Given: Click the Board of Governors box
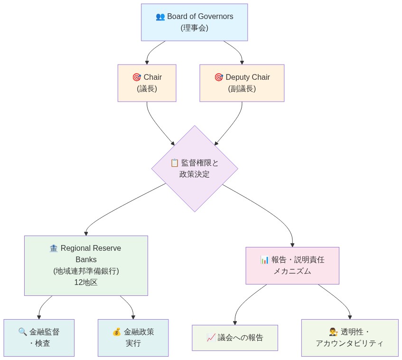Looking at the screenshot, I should pos(194,22).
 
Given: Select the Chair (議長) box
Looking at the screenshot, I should pos(147,83).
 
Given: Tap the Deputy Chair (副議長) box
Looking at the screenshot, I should pos(242,83).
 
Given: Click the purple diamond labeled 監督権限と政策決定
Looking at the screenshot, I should pos(195,169).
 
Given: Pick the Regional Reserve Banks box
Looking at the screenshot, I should pos(86,265).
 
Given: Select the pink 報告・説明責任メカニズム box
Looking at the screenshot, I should pos(292,265).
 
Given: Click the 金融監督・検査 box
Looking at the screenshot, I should pos(39,338).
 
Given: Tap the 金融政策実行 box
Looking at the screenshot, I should pos(133,338).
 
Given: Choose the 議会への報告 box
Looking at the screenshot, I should pos(234,338).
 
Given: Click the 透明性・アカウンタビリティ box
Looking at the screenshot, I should pos(349,338).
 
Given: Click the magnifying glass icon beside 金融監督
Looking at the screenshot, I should pos(22,332).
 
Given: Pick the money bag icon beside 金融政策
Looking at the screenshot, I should pos(116,332).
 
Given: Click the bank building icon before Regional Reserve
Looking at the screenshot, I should pos(53,248).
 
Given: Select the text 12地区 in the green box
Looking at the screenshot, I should pos(86,282).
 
